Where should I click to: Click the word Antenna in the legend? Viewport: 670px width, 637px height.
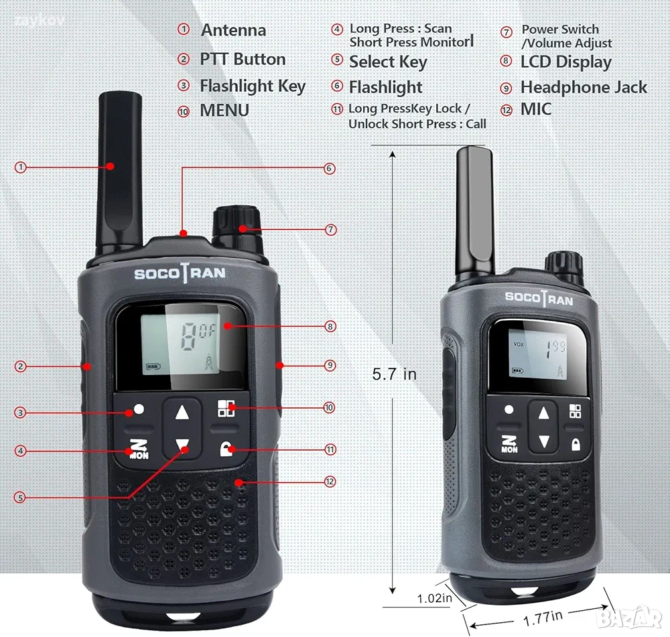[233, 30]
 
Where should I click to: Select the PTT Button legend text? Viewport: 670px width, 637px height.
[243, 59]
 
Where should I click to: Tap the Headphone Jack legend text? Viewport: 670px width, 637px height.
[584, 87]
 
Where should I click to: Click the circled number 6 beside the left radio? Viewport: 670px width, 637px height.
[329, 168]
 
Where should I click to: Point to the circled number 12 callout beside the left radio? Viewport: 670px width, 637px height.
[330, 482]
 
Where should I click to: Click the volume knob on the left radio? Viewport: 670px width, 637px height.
[237, 224]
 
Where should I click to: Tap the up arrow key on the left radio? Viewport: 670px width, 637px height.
[182, 413]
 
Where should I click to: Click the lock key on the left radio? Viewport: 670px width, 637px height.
[226, 449]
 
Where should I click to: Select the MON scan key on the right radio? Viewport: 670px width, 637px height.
[509, 444]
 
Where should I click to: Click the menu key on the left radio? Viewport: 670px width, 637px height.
[226, 408]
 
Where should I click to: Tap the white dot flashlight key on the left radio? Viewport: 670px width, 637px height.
[139, 409]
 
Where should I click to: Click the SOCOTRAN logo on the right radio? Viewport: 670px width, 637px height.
[539, 298]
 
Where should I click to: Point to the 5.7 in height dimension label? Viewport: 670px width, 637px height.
[394, 374]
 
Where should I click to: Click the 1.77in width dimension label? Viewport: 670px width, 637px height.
[542, 618]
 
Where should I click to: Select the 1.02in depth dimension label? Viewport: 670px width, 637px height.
[434, 598]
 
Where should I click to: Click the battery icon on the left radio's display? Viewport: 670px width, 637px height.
[153, 366]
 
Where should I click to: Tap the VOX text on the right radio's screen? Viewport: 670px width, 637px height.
[519, 344]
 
